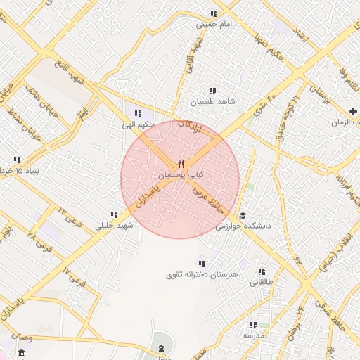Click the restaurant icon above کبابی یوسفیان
(x=181, y=164)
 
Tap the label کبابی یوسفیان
(x=181, y=174)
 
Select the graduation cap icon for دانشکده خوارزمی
(x=243, y=216)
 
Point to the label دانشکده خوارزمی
(x=243, y=226)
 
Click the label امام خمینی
(x=214, y=24)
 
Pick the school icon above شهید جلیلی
(x=114, y=214)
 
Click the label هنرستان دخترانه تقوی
(x=203, y=273)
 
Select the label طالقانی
(x=262, y=282)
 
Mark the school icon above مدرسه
(x=253, y=325)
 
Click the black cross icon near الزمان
(x=354, y=111)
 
